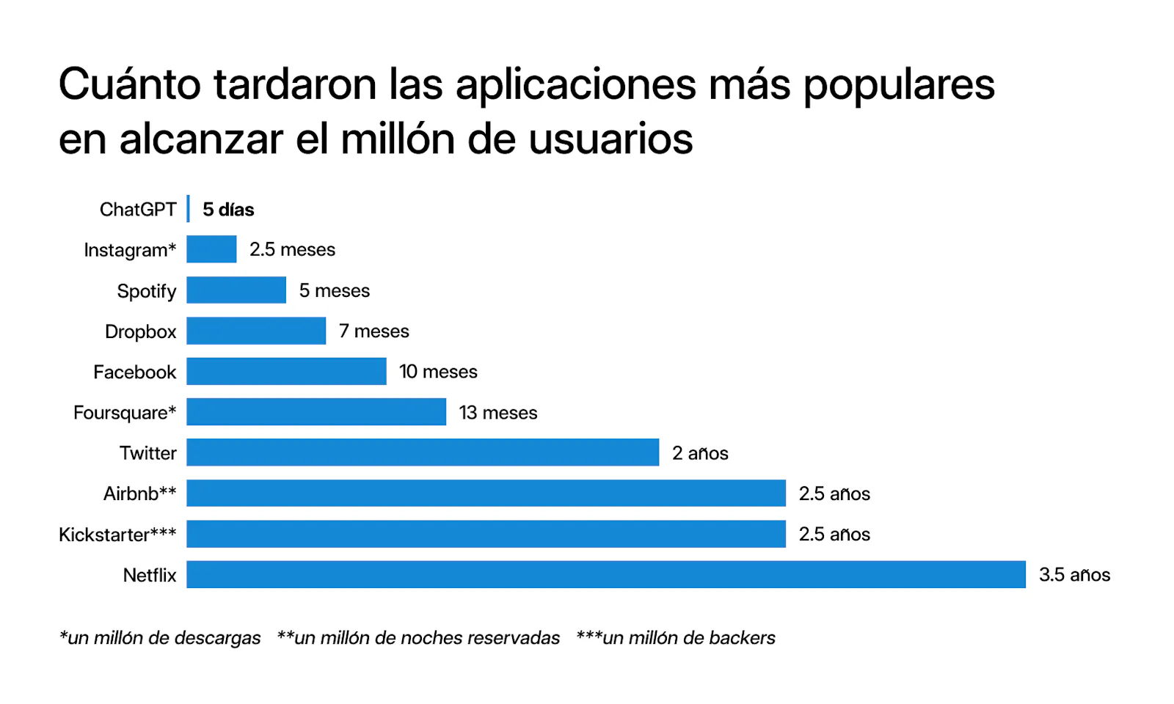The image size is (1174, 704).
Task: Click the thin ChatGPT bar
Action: click(x=189, y=209)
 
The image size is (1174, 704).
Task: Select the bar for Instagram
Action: click(x=211, y=249)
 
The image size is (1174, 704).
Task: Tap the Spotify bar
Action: click(x=236, y=290)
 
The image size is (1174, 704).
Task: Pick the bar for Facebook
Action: click(x=286, y=371)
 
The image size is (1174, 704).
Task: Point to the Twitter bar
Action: click(x=423, y=452)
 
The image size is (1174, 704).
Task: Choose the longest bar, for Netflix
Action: click(x=606, y=574)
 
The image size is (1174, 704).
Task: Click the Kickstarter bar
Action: click(x=486, y=534)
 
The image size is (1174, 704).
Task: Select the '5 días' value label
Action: click(x=228, y=210)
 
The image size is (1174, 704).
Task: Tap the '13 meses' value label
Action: click(x=498, y=413)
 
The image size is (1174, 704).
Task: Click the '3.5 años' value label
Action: click(x=1074, y=575)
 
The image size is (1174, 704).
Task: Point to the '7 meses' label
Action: click(x=374, y=331)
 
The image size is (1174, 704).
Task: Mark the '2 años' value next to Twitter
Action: click(x=700, y=453)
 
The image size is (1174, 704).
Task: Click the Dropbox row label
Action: click(x=141, y=331)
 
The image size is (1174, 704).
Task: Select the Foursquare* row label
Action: click(x=125, y=413)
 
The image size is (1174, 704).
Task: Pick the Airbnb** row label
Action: click(x=139, y=494)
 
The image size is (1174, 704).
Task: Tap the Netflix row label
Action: click(x=150, y=575)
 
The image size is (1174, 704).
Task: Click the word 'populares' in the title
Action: click(x=899, y=85)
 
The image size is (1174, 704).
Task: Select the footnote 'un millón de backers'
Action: click(x=676, y=638)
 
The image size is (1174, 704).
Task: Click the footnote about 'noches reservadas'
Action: click(x=418, y=638)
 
